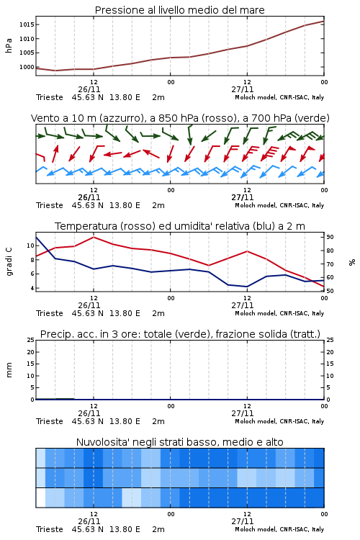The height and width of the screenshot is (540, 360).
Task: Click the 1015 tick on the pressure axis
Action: (27, 24)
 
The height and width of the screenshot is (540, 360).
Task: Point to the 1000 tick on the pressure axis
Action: (27, 67)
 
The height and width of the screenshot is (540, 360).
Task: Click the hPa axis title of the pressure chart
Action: (9, 45)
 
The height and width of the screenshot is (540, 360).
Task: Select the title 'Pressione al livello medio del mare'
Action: (180, 10)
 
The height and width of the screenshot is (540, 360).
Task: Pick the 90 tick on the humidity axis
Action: (330, 237)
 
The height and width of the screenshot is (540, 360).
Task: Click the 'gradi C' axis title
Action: (9, 261)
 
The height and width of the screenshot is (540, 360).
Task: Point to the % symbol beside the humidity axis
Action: (352, 262)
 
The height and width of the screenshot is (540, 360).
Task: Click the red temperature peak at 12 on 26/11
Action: (94, 237)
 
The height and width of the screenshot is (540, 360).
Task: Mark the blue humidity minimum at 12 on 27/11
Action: (247, 287)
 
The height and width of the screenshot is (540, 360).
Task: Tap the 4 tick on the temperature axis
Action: (32, 288)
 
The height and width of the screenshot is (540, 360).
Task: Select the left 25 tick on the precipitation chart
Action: (31, 340)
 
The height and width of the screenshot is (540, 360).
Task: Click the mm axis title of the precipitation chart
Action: (9, 370)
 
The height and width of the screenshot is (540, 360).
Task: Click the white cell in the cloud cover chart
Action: (40, 498)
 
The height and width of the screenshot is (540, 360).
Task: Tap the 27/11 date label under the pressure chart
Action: (243, 89)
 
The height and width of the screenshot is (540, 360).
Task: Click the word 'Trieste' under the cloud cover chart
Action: (50, 529)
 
